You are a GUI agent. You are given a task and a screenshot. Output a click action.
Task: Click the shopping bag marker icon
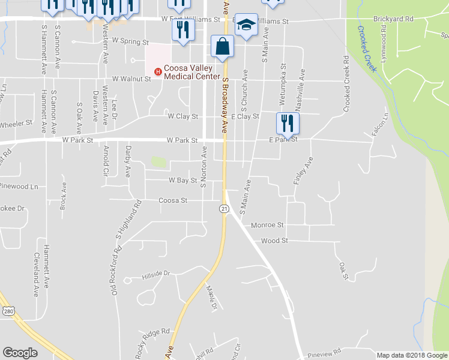[223, 46]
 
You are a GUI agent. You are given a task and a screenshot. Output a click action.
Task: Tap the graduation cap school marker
[246, 25]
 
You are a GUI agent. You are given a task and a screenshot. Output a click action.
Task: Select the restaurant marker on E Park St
[288, 124]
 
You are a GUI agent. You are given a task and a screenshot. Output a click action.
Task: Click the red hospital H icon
[158, 72]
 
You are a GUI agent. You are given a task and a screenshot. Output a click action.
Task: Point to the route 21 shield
[223, 208]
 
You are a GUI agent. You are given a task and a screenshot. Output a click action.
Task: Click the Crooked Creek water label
[366, 49]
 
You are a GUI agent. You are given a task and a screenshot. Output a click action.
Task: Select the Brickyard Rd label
[393, 19]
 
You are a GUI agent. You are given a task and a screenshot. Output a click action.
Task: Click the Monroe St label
[267, 225]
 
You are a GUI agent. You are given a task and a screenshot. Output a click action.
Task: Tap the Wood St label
[275, 241]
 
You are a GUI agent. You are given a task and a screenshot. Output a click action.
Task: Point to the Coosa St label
[173, 200]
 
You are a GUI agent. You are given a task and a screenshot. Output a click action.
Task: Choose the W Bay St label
[183, 180]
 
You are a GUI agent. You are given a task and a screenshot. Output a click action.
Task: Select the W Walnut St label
[131, 79]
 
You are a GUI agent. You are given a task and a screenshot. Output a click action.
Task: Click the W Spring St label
[130, 43]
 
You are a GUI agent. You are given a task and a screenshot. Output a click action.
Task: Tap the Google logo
[20, 353]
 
